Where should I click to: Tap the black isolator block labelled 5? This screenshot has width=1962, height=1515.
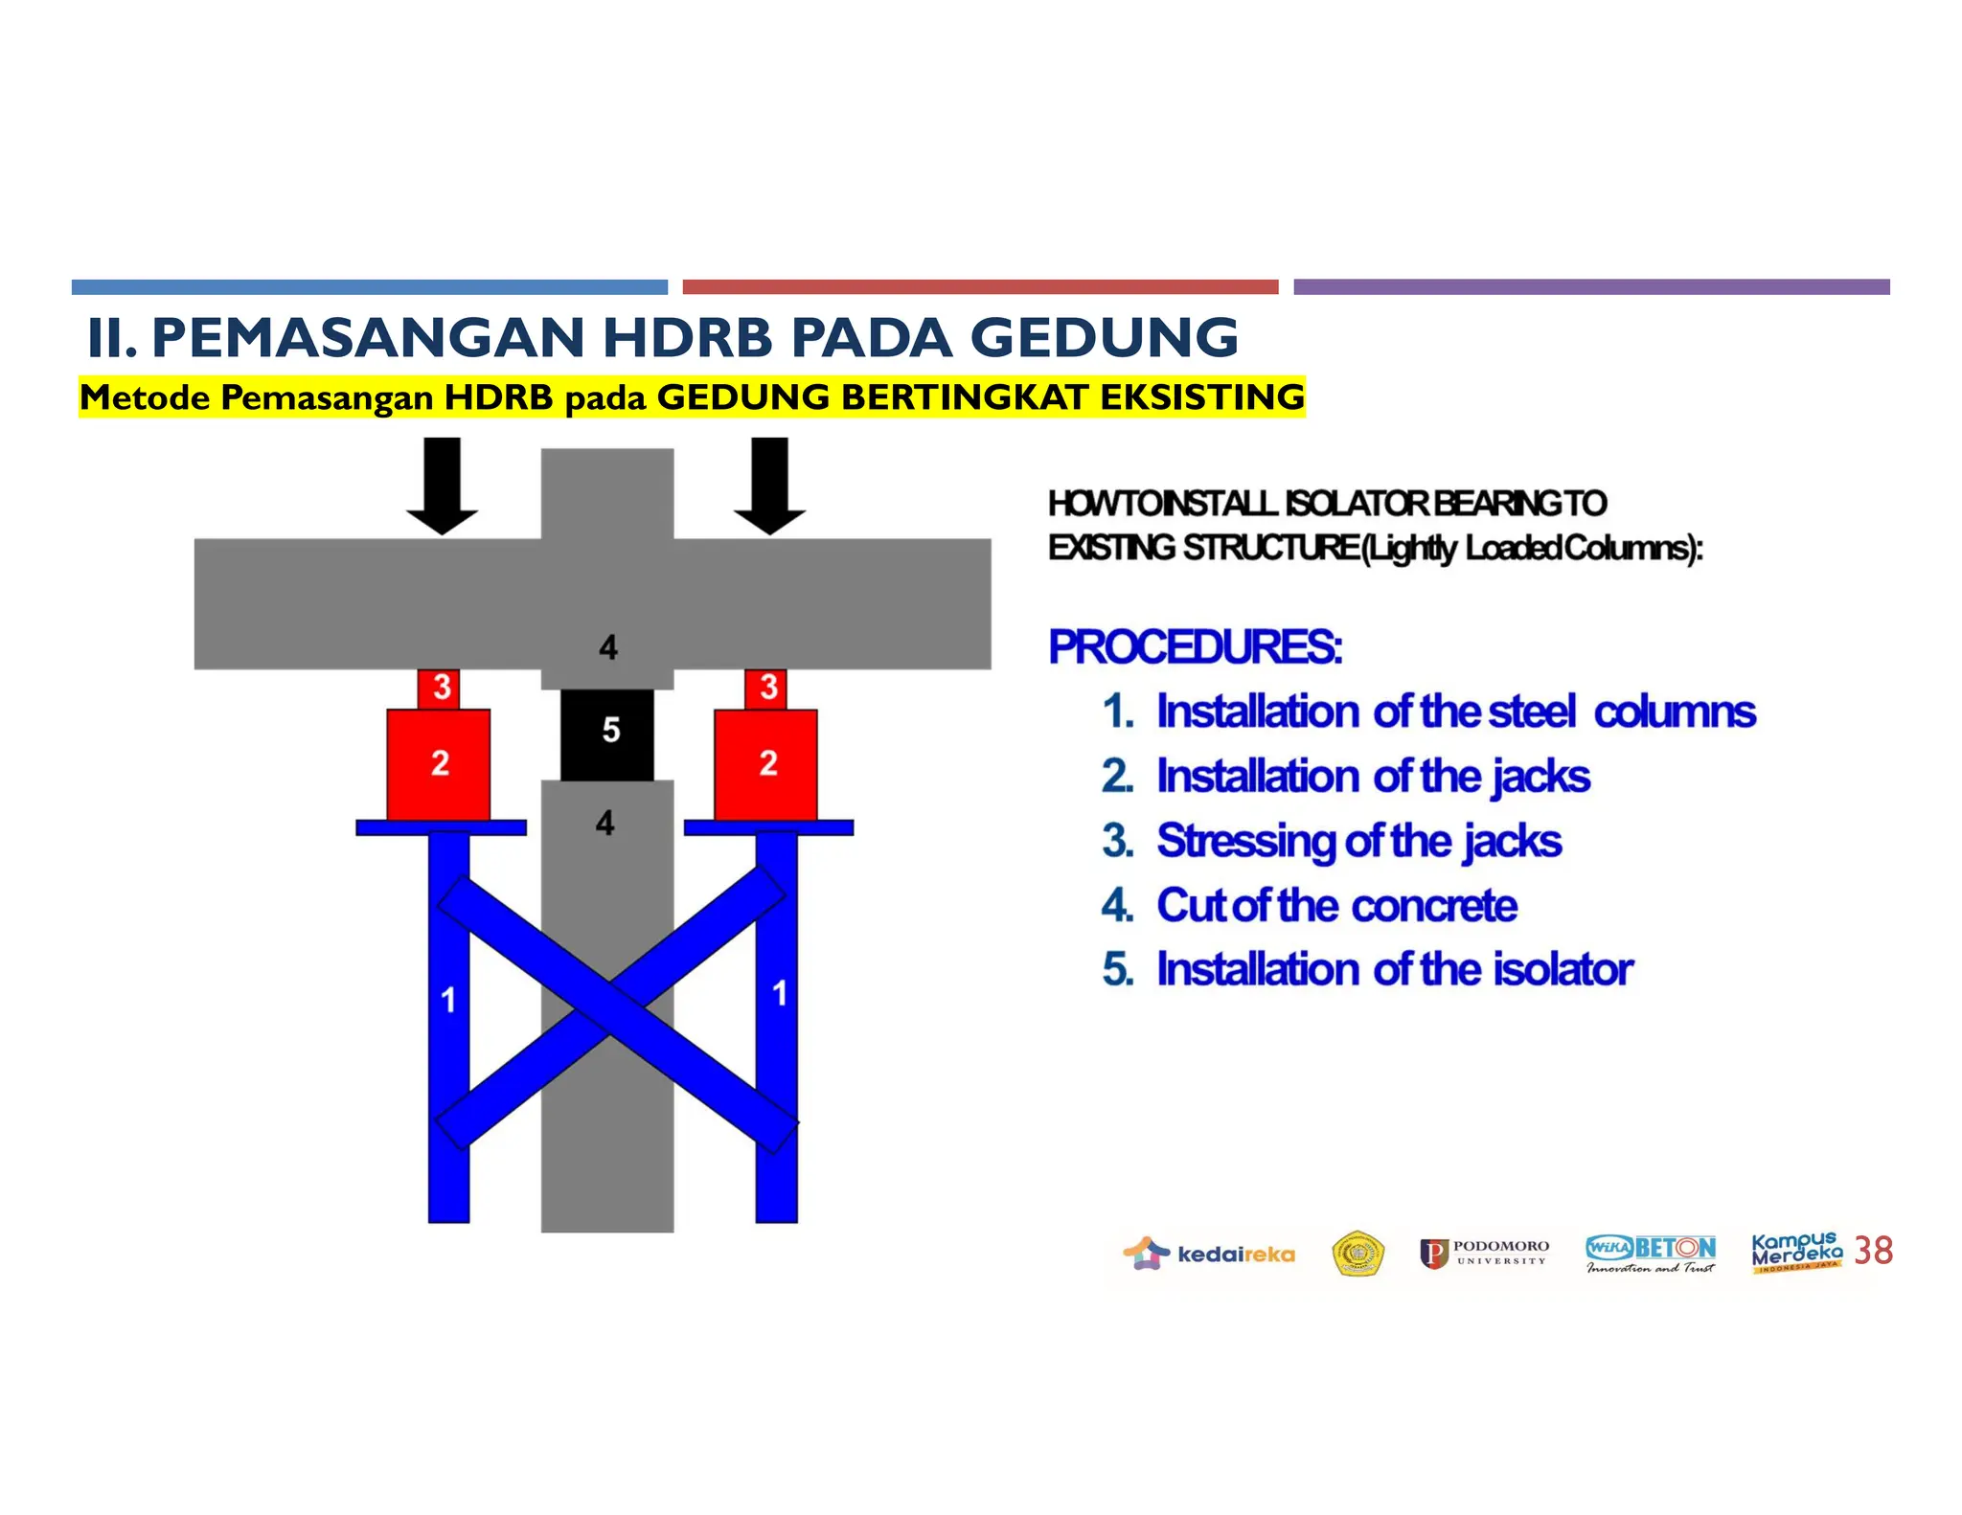click(x=607, y=733)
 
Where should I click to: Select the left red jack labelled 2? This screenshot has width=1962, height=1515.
click(x=439, y=764)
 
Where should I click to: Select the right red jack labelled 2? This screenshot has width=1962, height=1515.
click(x=766, y=764)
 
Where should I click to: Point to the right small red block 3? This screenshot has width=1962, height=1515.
click(x=766, y=688)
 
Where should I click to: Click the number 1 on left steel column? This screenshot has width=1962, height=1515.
click(x=447, y=1001)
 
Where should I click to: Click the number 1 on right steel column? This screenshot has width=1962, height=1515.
click(x=779, y=993)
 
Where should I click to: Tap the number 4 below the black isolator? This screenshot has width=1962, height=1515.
click(x=605, y=823)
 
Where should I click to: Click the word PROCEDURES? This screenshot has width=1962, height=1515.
click(x=1195, y=647)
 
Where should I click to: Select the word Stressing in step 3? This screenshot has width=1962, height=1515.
click(x=1245, y=841)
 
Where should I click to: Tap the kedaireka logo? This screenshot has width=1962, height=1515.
click(x=1209, y=1254)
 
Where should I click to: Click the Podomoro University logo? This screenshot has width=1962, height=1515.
click(x=1484, y=1254)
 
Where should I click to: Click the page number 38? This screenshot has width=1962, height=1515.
click(x=1873, y=1251)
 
